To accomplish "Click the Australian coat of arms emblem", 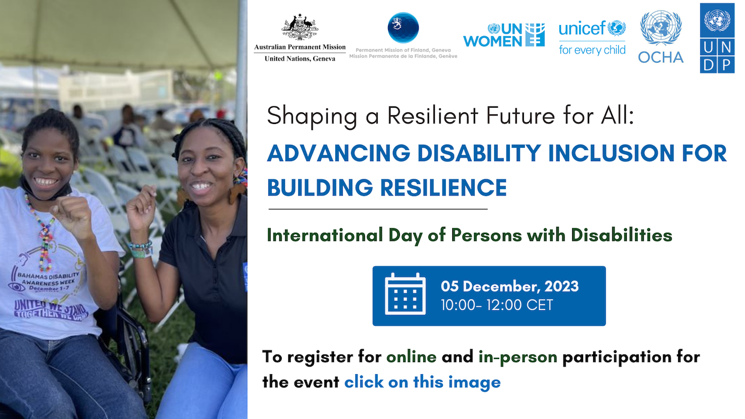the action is (300, 27).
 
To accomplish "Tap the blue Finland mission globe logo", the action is (403, 27).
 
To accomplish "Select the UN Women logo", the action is (504, 35).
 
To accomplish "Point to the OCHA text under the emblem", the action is (661, 58).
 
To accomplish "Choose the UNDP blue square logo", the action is (717, 38).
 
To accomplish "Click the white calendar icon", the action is (405, 294).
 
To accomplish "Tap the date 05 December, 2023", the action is (509, 286).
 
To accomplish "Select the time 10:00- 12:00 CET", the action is (497, 305).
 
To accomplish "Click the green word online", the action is (411, 357).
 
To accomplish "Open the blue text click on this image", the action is (423, 382).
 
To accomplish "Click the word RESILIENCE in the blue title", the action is (444, 188).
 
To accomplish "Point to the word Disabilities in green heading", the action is (622, 235).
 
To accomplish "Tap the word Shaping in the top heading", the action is (312, 116).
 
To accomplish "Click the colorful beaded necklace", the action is (42, 233).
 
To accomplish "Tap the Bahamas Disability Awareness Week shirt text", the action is (48, 281).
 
